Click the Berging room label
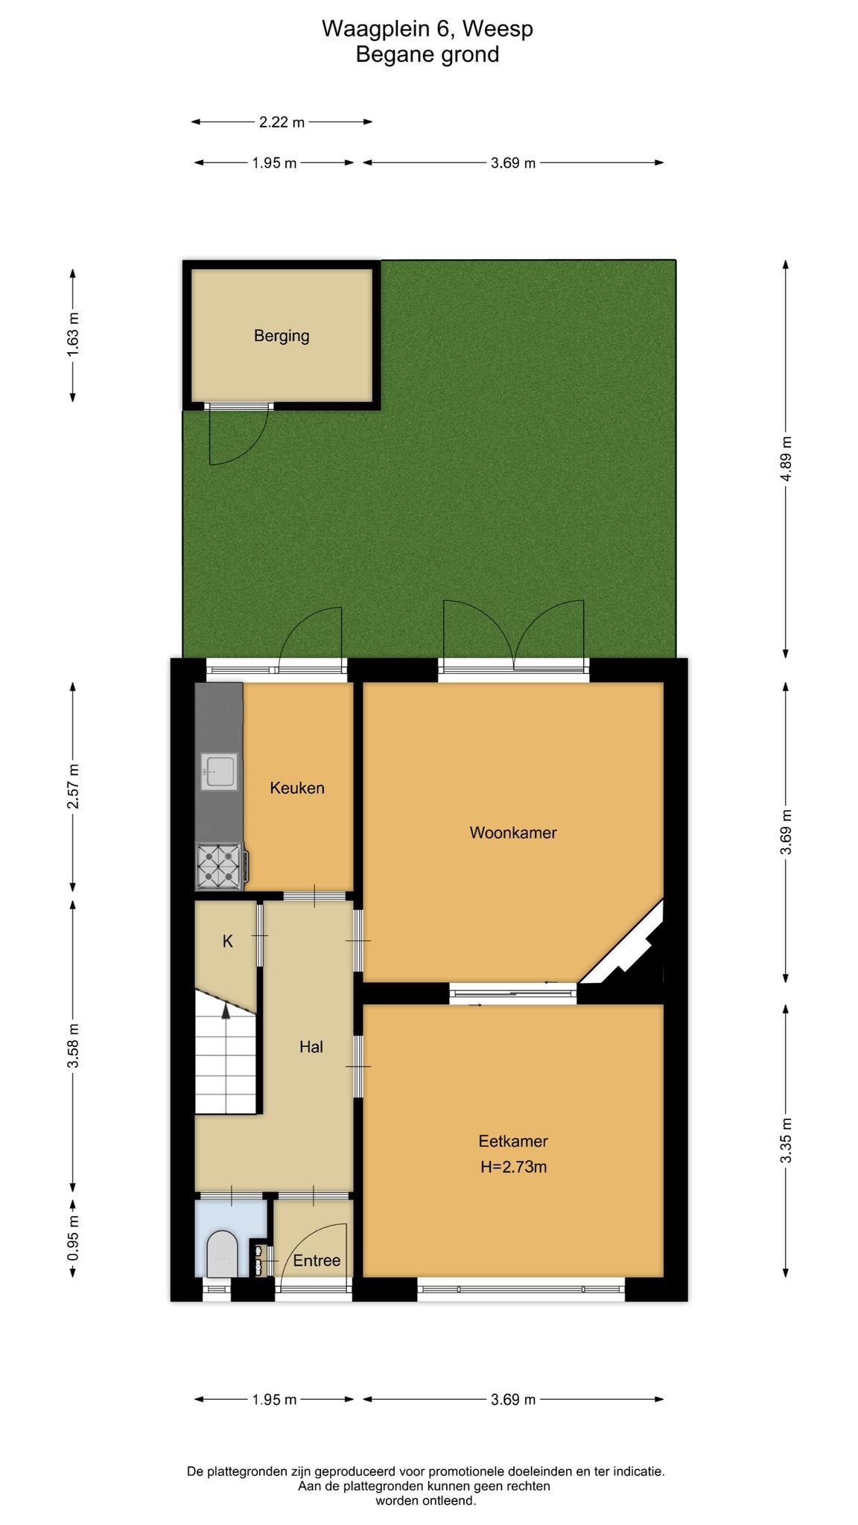click(x=282, y=336)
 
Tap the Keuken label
click(x=297, y=788)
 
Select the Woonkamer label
click(x=513, y=832)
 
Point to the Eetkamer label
click(x=513, y=1141)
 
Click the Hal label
click(x=311, y=1047)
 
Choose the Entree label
click(x=317, y=1261)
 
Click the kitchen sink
click(x=218, y=771)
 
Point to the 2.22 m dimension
click(x=282, y=122)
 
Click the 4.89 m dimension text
click(x=786, y=459)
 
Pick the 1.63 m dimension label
click(x=73, y=334)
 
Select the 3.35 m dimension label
click(x=786, y=1141)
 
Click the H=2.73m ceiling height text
click(x=513, y=1167)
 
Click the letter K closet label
click(x=228, y=941)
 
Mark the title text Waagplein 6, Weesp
click(x=428, y=29)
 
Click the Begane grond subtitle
click(x=428, y=55)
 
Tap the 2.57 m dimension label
click(x=73, y=786)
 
